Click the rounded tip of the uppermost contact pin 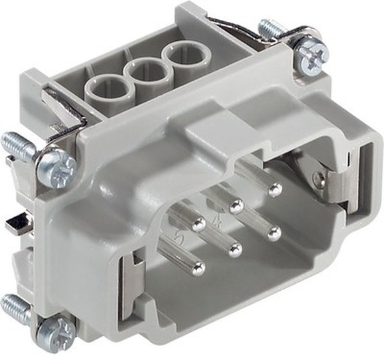(275, 190)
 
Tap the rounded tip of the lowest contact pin (199, 268)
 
